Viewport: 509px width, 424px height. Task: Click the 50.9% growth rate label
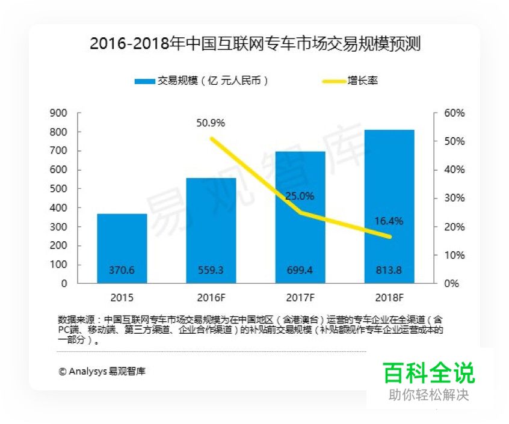(x=211, y=123)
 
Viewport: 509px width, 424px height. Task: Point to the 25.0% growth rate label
(x=300, y=196)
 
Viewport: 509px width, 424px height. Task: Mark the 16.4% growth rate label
(x=389, y=221)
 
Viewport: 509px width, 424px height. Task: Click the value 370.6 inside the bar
(x=122, y=271)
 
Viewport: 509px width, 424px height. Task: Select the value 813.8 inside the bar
(x=389, y=271)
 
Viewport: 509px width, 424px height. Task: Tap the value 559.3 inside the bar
(x=211, y=271)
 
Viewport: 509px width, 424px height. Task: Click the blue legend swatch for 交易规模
(x=144, y=81)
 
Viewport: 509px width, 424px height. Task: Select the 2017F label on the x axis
(x=300, y=298)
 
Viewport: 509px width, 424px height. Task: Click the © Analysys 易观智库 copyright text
(x=102, y=371)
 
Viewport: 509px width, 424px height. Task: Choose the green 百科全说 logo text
(x=429, y=373)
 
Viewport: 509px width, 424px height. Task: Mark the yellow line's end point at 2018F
(x=389, y=236)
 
